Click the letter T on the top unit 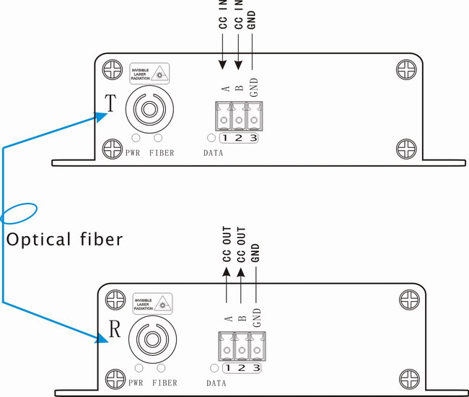[x=108, y=102]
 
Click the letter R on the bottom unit [x=113, y=330]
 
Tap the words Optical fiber [x=64, y=239]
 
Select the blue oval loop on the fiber [x=18, y=214]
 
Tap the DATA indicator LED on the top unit [x=211, y=138]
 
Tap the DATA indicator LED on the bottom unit [x=214, y=368]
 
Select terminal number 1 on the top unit [x=225, y=138]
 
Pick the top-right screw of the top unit [x=403, y=70]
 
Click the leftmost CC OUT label [x=227, y=245]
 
